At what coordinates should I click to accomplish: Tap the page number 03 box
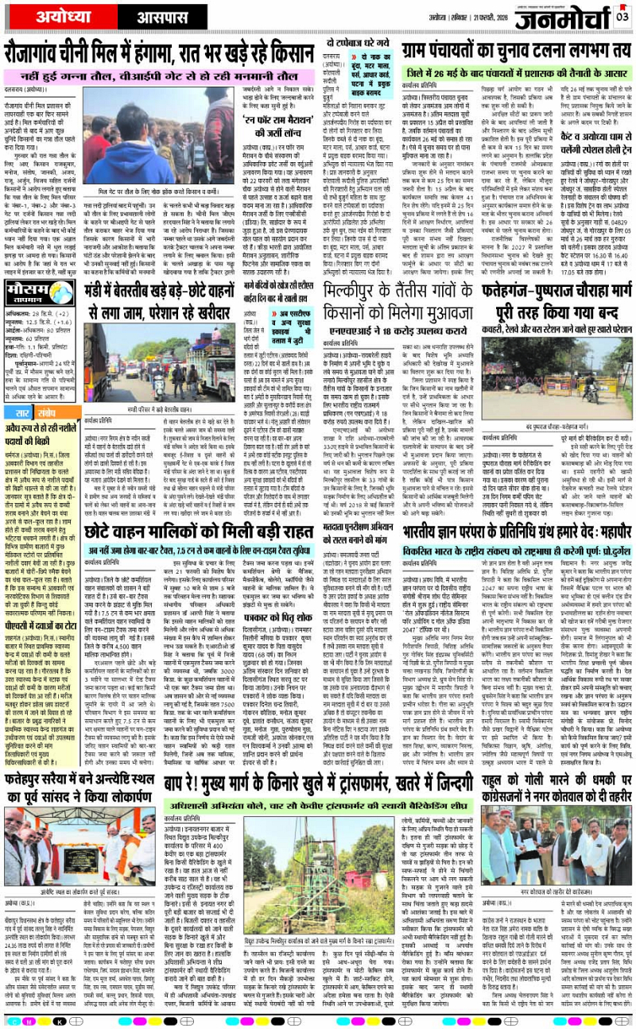(622, 16)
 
